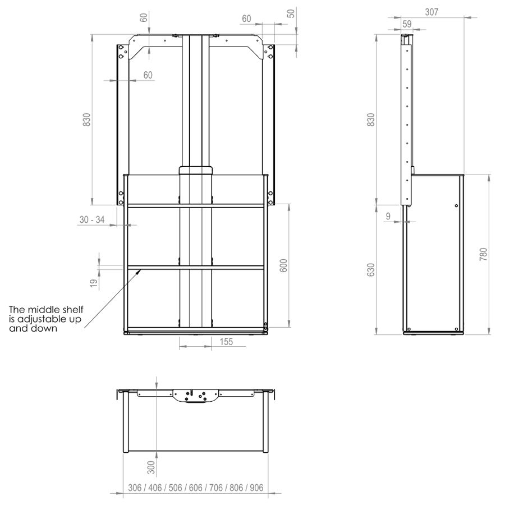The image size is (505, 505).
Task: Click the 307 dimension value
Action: (431, 12)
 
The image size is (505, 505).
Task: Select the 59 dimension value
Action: (407, 24)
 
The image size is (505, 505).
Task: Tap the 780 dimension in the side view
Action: (484, 254)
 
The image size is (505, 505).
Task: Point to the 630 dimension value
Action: (371, 269)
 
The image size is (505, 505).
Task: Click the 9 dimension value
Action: (388, 216)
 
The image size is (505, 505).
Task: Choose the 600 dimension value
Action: (283, 265)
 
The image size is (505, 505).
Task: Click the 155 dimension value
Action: (226, 341)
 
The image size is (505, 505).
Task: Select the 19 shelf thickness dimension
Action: (93, 283)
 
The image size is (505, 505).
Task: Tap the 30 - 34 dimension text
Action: (92, 219)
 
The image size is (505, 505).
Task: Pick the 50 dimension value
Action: (291, 13)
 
